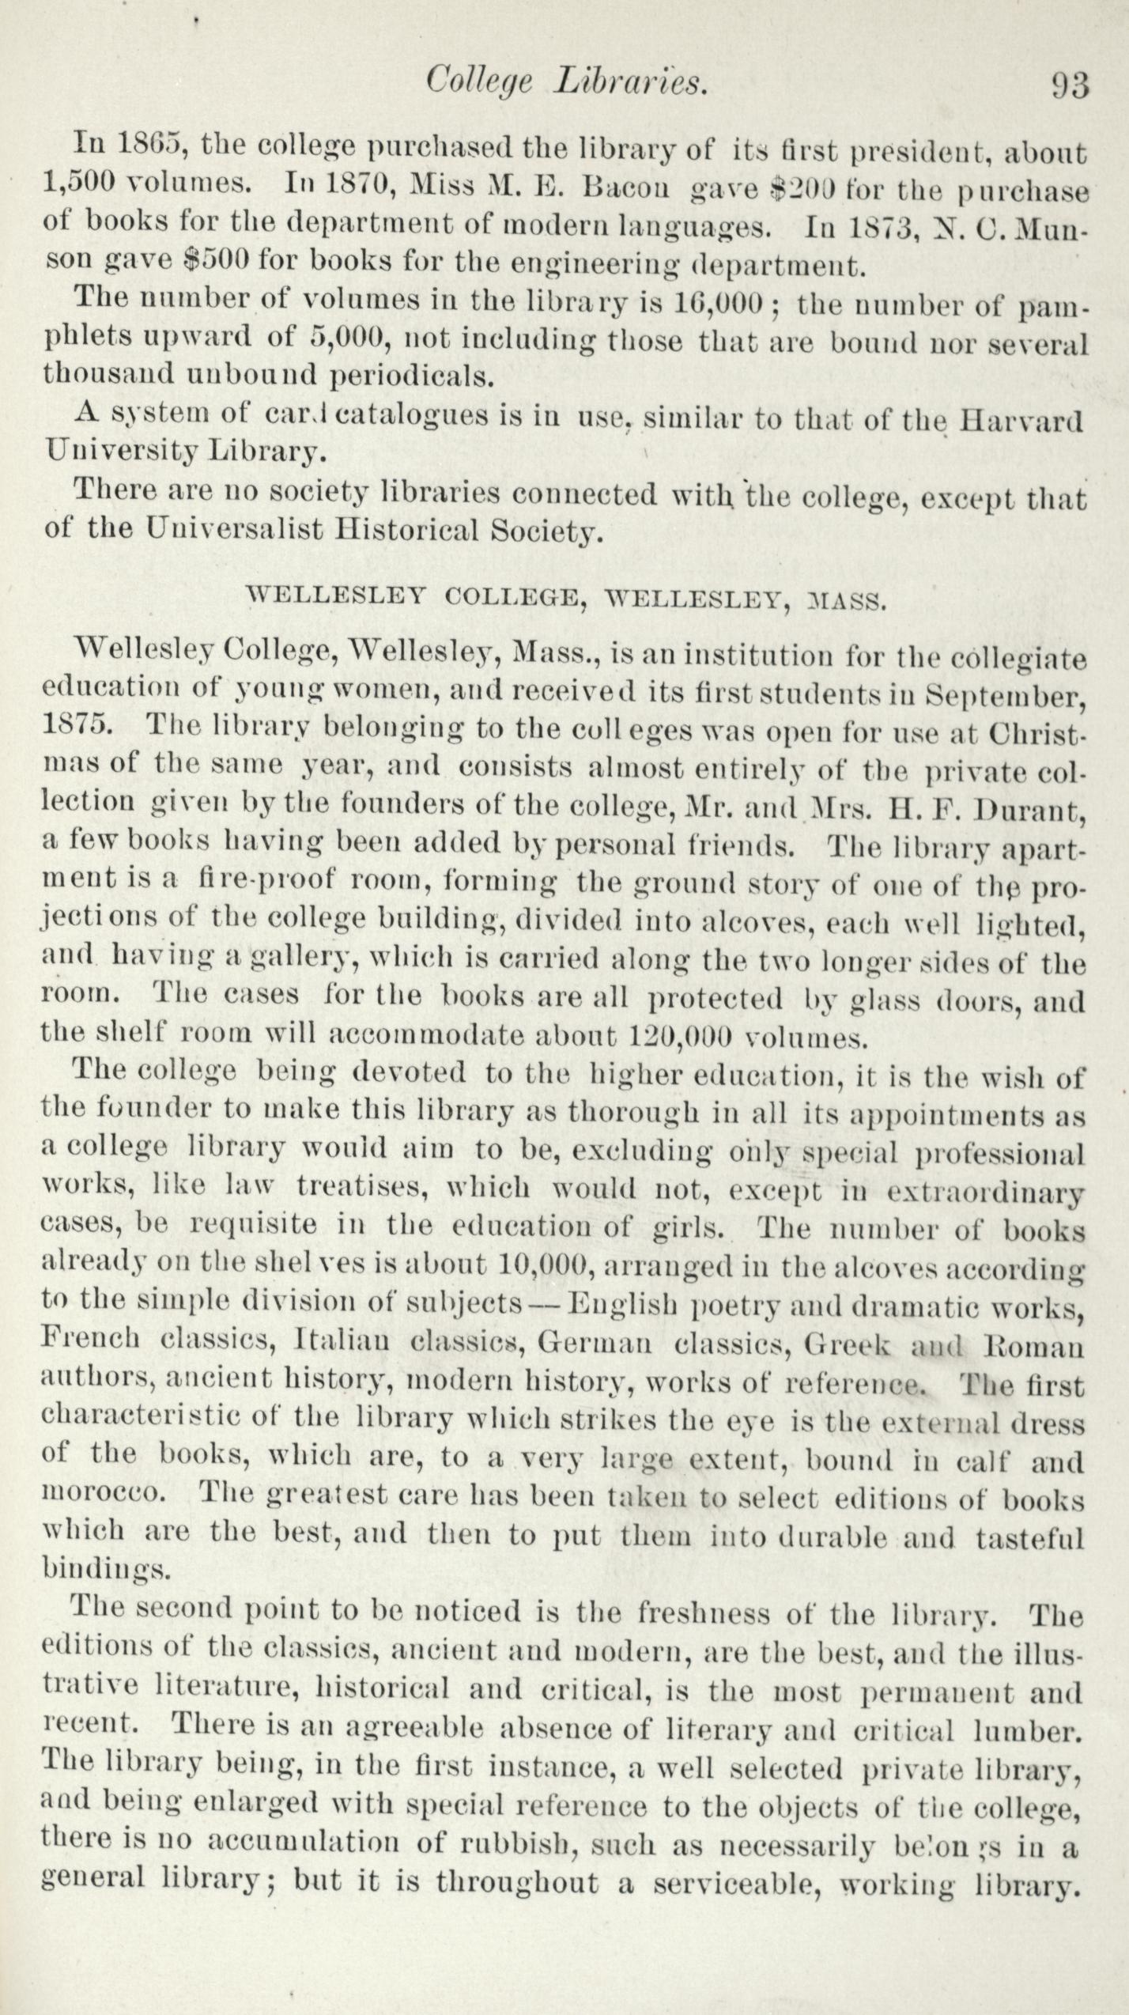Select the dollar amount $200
pyautogui.click(x=803, y=189)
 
